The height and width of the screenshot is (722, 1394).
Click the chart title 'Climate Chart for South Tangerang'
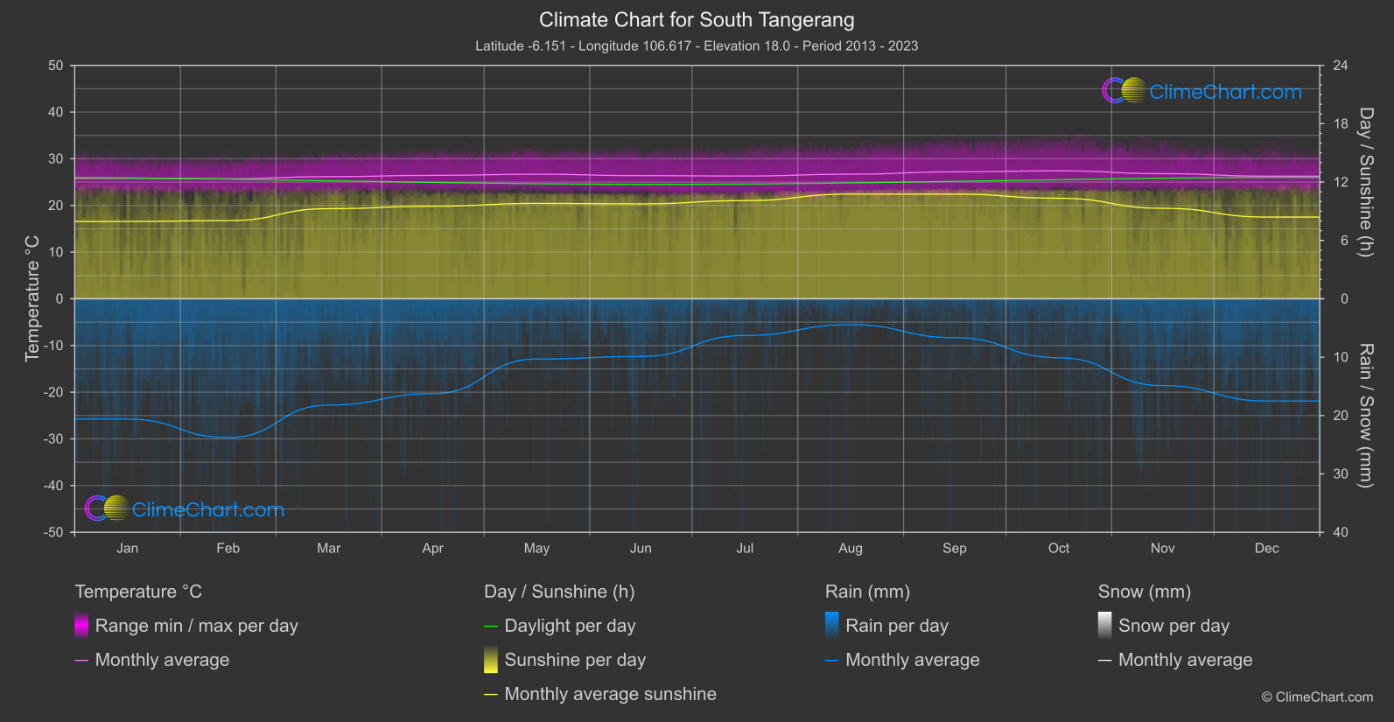(697, 20)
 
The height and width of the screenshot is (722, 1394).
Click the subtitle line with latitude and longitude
(697, 46)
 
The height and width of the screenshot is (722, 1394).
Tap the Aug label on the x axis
(850, 549)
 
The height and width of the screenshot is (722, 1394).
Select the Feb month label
(228, 549)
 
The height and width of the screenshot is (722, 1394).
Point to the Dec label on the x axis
(1266, 549)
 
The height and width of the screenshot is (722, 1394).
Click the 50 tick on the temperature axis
(56, 66)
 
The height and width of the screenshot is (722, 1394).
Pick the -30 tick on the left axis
(53, 439)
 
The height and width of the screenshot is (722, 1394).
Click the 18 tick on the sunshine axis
(1340, 124)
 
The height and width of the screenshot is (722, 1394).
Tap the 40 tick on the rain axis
(1340, 532)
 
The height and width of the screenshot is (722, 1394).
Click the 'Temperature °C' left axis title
(32, 298)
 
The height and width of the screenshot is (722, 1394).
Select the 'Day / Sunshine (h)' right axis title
(1366, 182)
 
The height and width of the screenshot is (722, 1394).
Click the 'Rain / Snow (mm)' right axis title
(1366, 415)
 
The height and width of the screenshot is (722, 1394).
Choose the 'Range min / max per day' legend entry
(196, 626)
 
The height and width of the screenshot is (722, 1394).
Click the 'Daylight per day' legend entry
(570, 626)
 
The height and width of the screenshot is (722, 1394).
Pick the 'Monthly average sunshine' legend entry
(610, 694)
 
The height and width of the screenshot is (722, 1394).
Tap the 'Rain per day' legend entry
(896, 626)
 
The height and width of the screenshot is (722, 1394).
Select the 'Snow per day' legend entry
(1173, 626)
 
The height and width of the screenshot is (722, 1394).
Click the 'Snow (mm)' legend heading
(1144, 592)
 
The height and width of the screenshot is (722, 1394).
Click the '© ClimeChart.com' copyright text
(1317, 697)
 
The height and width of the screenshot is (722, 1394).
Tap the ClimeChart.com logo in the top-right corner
(1201, 91)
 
